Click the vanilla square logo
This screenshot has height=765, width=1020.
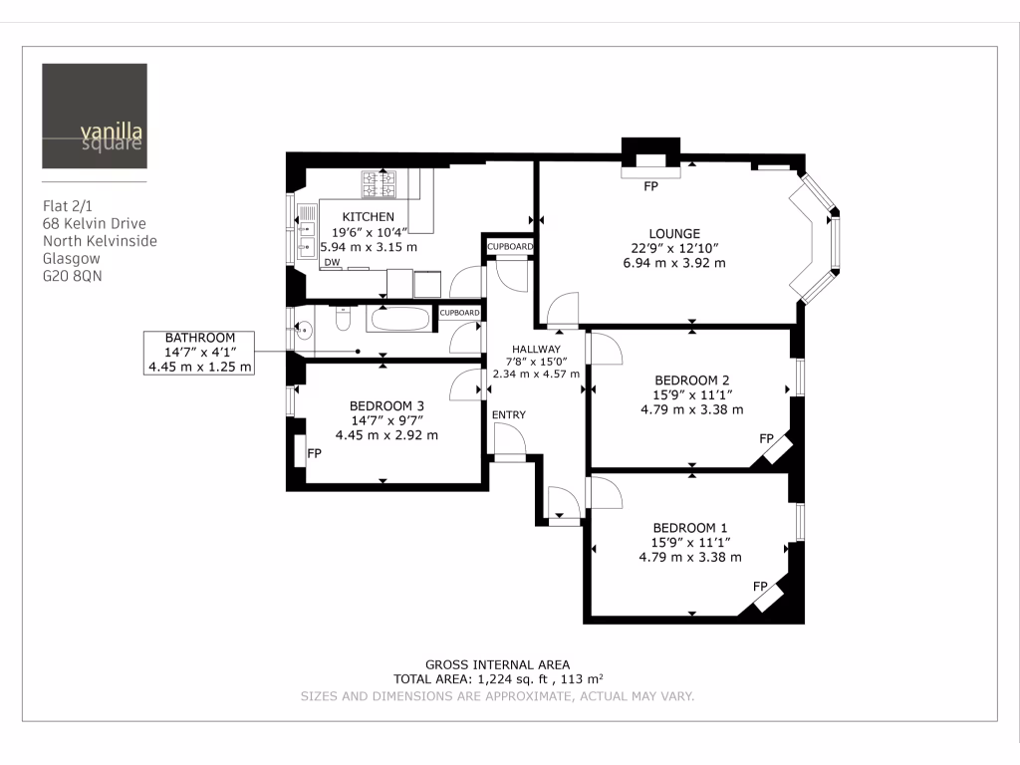click(x=95, y=116)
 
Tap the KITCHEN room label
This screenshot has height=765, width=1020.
click(x=369, y=216)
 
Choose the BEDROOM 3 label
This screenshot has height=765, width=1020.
click(x=386, y=405)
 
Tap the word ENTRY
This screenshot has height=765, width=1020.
click(x=508, y=414)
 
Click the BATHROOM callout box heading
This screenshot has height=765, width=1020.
click(x=199, y=338)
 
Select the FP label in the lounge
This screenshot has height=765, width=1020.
click(x=651, y=186)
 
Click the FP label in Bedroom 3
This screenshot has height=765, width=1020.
click(x=314, y=452)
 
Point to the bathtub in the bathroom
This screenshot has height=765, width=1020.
click(x=400, y=320)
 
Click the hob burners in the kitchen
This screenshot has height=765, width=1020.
click(x=379, y=184)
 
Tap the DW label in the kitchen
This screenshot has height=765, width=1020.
click(x=329, y=262)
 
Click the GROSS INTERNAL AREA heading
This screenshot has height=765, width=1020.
click(x=497, y=664)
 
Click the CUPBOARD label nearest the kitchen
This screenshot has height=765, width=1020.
click(x=509, y=246)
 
